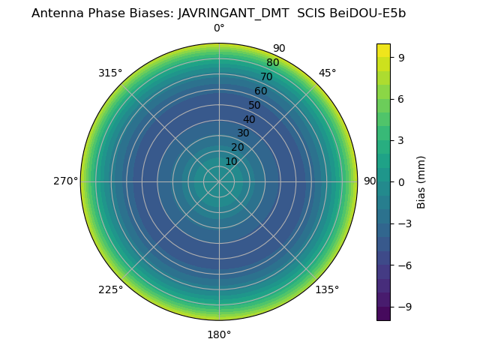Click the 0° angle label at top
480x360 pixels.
pos(219,28)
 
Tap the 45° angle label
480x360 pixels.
pos(327,73)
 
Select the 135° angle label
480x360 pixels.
pos(327,289)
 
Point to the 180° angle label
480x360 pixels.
pos(219,334)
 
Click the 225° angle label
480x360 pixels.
pos(110,289)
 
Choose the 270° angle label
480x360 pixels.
pos(65,181)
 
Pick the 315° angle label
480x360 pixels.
pos(110,73)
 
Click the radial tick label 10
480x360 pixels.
pos(232,161)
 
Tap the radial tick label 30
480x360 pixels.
pos(243,133)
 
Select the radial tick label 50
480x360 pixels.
pos(255,105)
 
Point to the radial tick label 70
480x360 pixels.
pos(266,76)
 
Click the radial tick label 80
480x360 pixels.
pos(272,63)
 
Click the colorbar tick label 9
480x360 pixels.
pos(402,57)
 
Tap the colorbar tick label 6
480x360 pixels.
pos(402,99)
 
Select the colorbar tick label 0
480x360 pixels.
pos(402,182)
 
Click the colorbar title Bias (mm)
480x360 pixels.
pos(421,181)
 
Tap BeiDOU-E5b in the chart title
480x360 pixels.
pos(367,13)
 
